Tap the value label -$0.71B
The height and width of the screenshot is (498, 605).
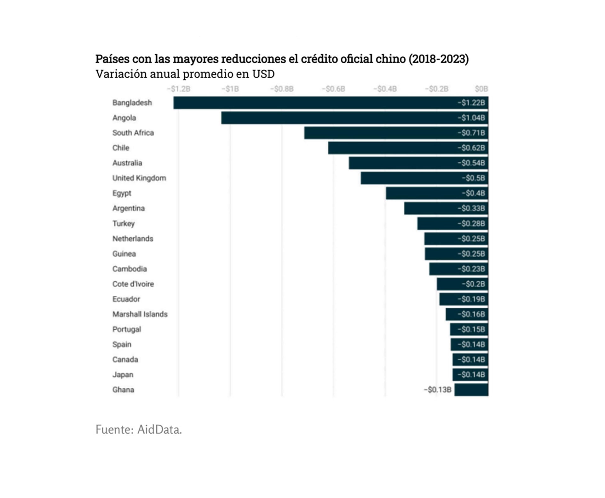click(x=471, y=133)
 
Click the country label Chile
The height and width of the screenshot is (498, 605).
click(x=121, y=148)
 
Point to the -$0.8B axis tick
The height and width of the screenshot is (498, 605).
click(x=282, y=89)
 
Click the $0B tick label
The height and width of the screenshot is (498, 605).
click(x=481, y=89)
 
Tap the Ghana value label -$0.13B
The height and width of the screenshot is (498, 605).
click(x=437, y=390)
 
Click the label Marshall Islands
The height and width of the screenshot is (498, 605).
click(x=140, y=314)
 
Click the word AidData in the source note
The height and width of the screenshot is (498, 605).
click(x=159, y=430)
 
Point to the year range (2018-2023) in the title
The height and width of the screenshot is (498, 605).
click(x=439, y=59)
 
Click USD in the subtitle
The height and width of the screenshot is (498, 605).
click(x=263, y=74)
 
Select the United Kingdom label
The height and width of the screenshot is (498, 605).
click(x=139, y=178)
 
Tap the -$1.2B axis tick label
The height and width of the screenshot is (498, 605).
click(x=179, y=89)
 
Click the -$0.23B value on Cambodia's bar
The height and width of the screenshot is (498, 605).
click(x=471, y=269)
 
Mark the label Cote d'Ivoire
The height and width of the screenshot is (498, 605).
click(x=133, y=284)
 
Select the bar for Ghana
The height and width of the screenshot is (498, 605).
click(x=471, y=390)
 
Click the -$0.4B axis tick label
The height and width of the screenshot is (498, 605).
click(x=385, y=89)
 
